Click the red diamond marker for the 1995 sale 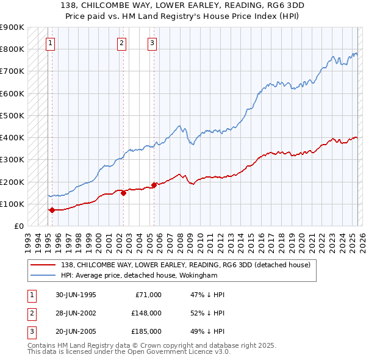pos(52,210)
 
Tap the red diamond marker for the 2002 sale pos(123,193)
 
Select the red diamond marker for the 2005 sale pos(154,185)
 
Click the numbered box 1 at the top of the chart pos(49,43)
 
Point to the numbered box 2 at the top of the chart pos(122,43)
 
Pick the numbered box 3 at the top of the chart pos(152,43)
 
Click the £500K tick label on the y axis pos(12,115)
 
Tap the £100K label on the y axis pos(12,204)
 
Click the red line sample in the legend pos(43,265)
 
